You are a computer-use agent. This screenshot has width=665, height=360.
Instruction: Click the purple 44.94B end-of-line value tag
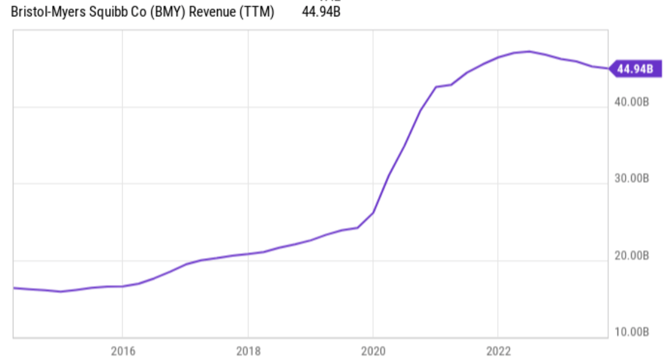point(635,69)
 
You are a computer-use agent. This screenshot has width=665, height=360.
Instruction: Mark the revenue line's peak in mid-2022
point(530,51)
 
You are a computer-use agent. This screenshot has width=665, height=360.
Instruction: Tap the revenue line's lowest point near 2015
point(60,291)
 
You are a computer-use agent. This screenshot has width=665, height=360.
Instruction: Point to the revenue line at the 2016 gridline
point(123,286)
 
